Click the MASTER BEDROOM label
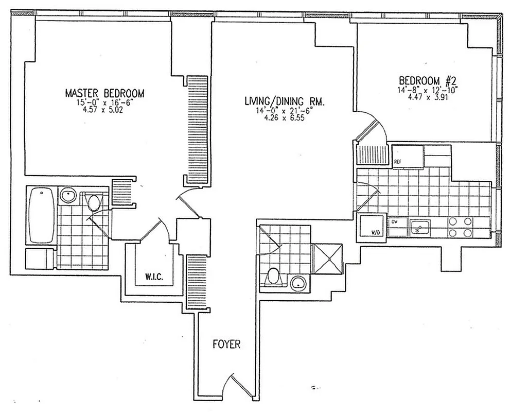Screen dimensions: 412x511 (104, 93)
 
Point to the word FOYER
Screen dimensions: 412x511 (226, 344)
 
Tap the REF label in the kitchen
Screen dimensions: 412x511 (397, 162)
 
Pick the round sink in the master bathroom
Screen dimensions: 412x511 (67, 196)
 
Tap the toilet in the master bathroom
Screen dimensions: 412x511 (94, 202)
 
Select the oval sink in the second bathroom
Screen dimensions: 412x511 (298, 282)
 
